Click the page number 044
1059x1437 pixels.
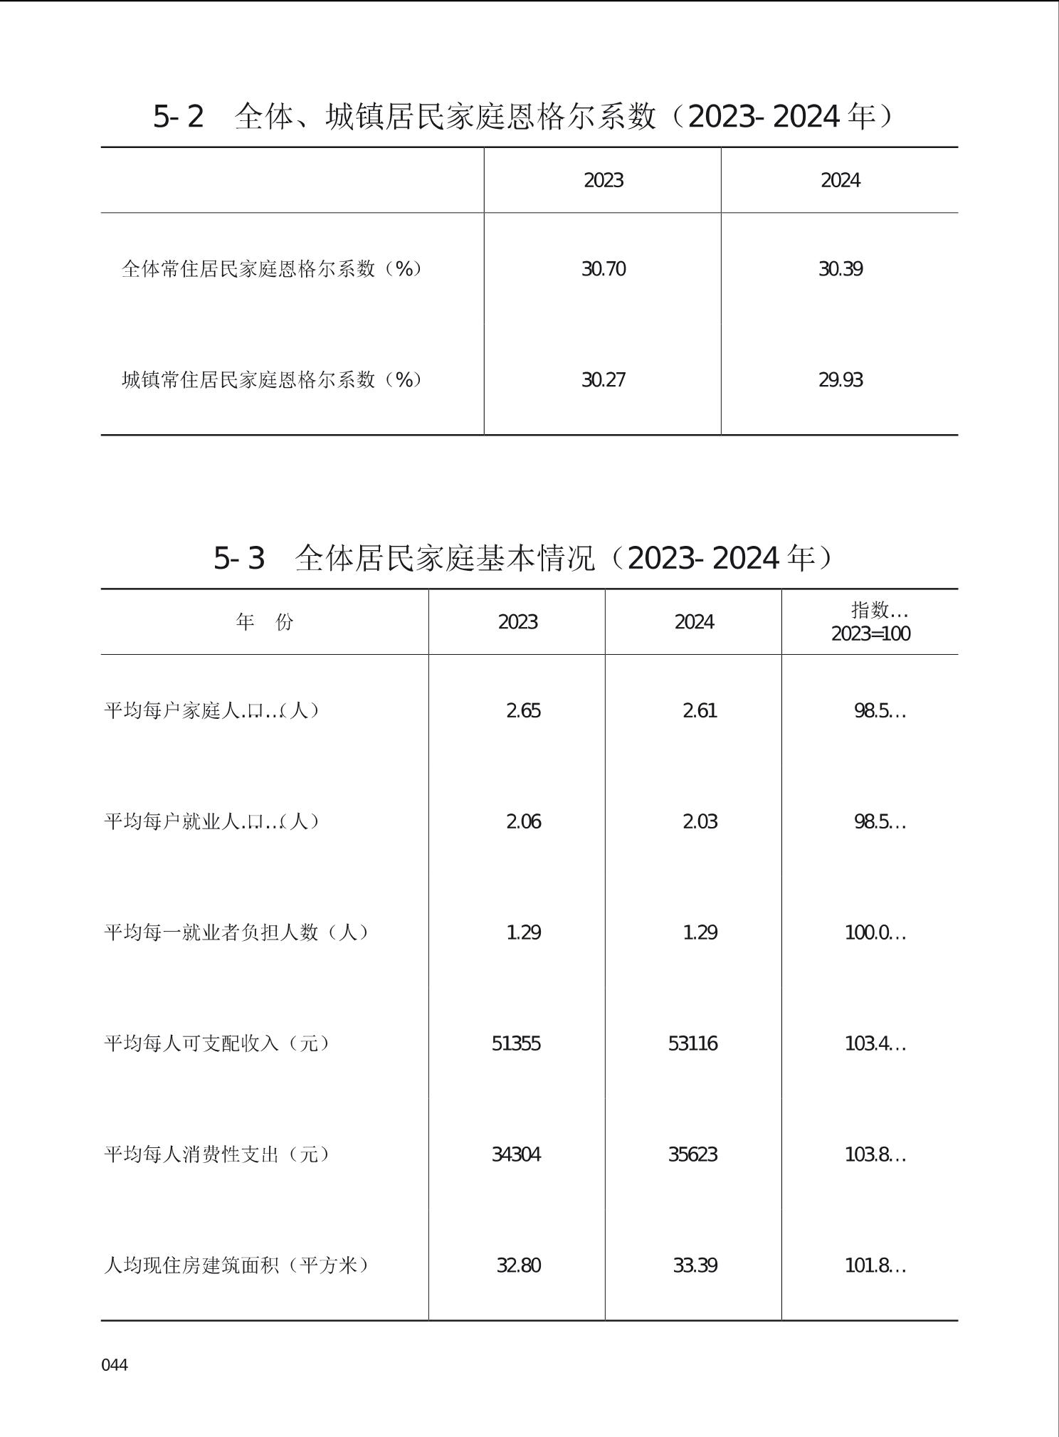tap(115, 1364)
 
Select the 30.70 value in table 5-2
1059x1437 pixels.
tap(604, 269)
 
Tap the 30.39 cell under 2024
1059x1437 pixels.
tap(841, 269)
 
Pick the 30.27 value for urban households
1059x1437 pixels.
tap(604, 380)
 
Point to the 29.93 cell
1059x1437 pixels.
tap(841, 380)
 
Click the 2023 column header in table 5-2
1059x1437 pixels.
tap(604, 181)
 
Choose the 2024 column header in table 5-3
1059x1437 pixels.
tap(694, 622)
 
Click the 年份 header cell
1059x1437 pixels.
tap(265, 622)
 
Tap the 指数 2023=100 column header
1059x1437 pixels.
tap(870, 622)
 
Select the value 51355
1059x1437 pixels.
tap(516, 1044)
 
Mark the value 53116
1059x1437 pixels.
tap(692, 1044)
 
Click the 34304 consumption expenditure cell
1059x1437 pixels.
tap(516, 1154)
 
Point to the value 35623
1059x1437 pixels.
tap(692, 1154)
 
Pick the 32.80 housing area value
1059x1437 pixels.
tap(518, 1266)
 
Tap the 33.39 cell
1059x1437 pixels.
tap(695, 1266)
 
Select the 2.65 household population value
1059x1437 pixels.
tap(523, 711)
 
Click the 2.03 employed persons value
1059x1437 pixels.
tap(700, 822)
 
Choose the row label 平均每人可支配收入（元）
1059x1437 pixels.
tap(217, 1043)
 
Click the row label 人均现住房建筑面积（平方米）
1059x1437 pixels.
tap(236, 1265)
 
